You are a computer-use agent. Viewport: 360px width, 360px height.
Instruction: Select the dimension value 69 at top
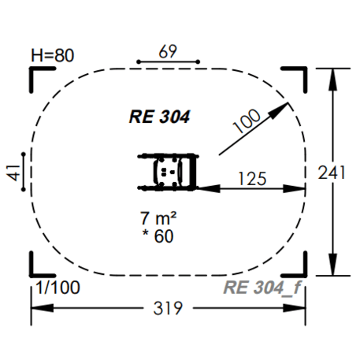pos(167,51)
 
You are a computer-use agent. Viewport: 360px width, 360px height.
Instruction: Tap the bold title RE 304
pos(160,117)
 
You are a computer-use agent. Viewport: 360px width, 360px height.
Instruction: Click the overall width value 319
pos(167,307)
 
